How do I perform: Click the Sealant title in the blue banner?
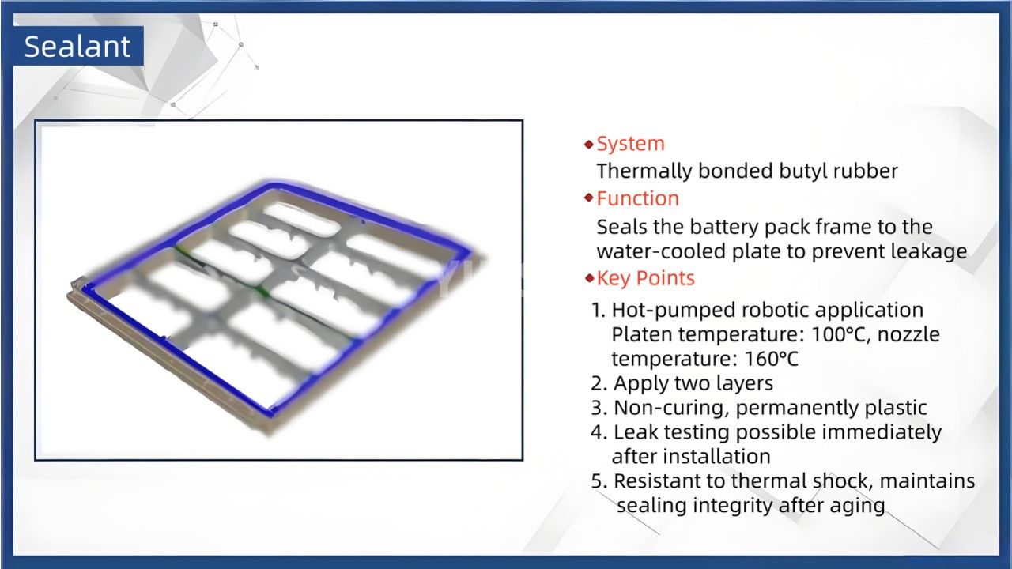(77, 47)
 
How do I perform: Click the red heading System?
(630, 144)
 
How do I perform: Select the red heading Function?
(637, 198)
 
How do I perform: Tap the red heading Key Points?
(645, 278)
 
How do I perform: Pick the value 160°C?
(772, 359)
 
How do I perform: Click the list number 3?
(599, 408)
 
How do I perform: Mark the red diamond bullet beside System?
(588, 145)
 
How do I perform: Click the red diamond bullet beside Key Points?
(588, 278)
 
